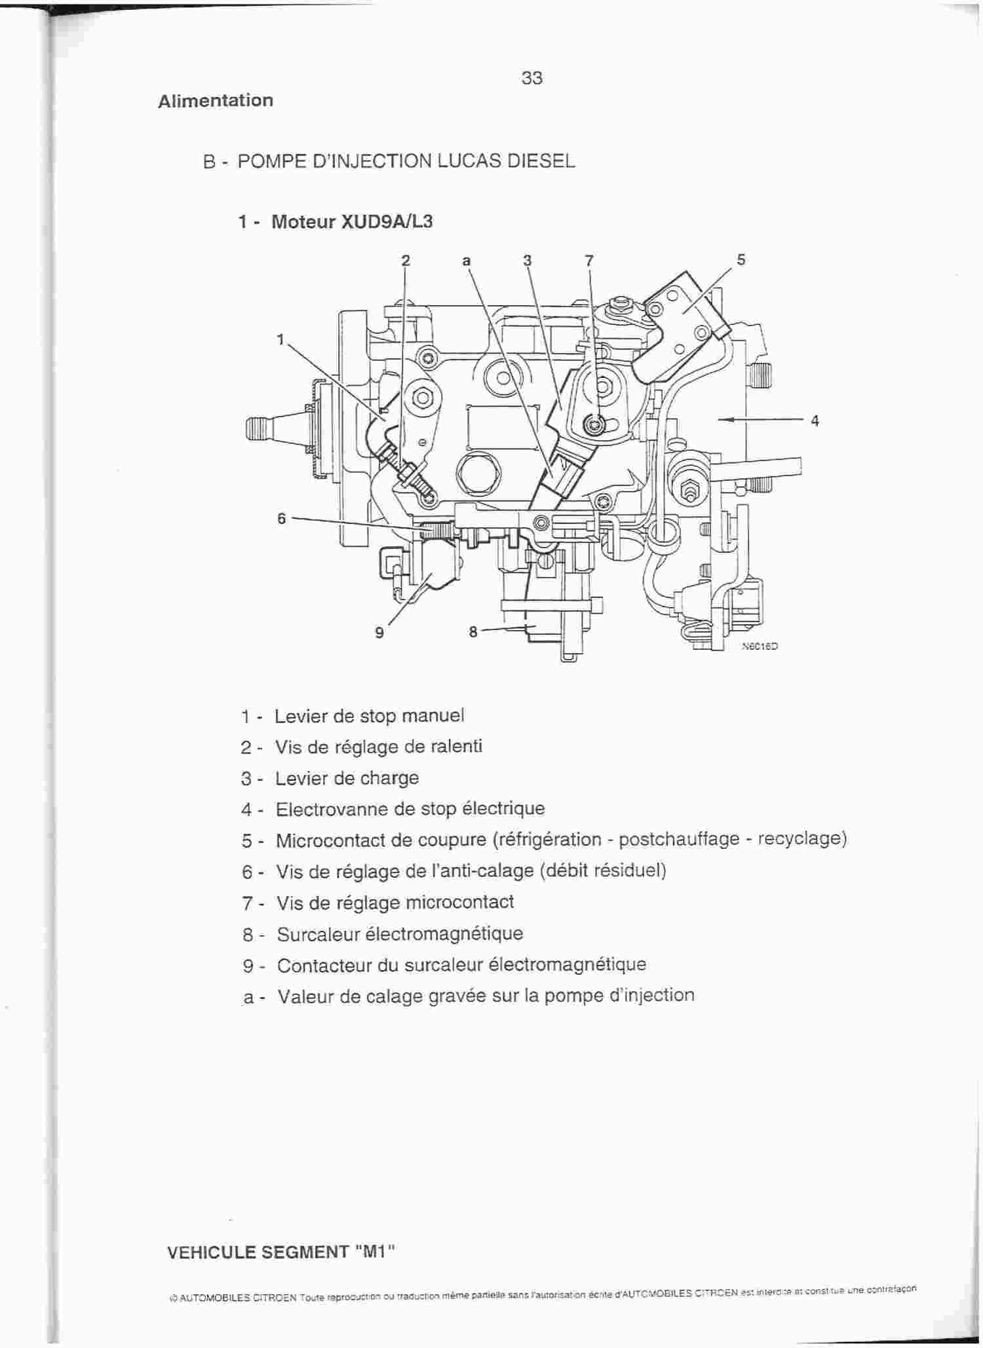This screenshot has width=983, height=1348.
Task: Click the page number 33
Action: [532, 78]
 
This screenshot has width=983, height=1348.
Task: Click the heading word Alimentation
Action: [216, 100]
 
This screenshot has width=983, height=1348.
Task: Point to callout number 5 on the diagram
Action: [741, 259]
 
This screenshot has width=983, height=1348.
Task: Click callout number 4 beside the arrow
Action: [815, 421]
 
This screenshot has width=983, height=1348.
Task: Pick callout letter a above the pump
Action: [467, 261]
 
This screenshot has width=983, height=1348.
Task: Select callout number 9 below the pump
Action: [379, 633]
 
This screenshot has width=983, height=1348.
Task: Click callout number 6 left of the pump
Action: [282, 519]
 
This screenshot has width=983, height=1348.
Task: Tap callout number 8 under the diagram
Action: [473, 632]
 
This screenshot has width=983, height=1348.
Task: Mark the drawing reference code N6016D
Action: [760, 646]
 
